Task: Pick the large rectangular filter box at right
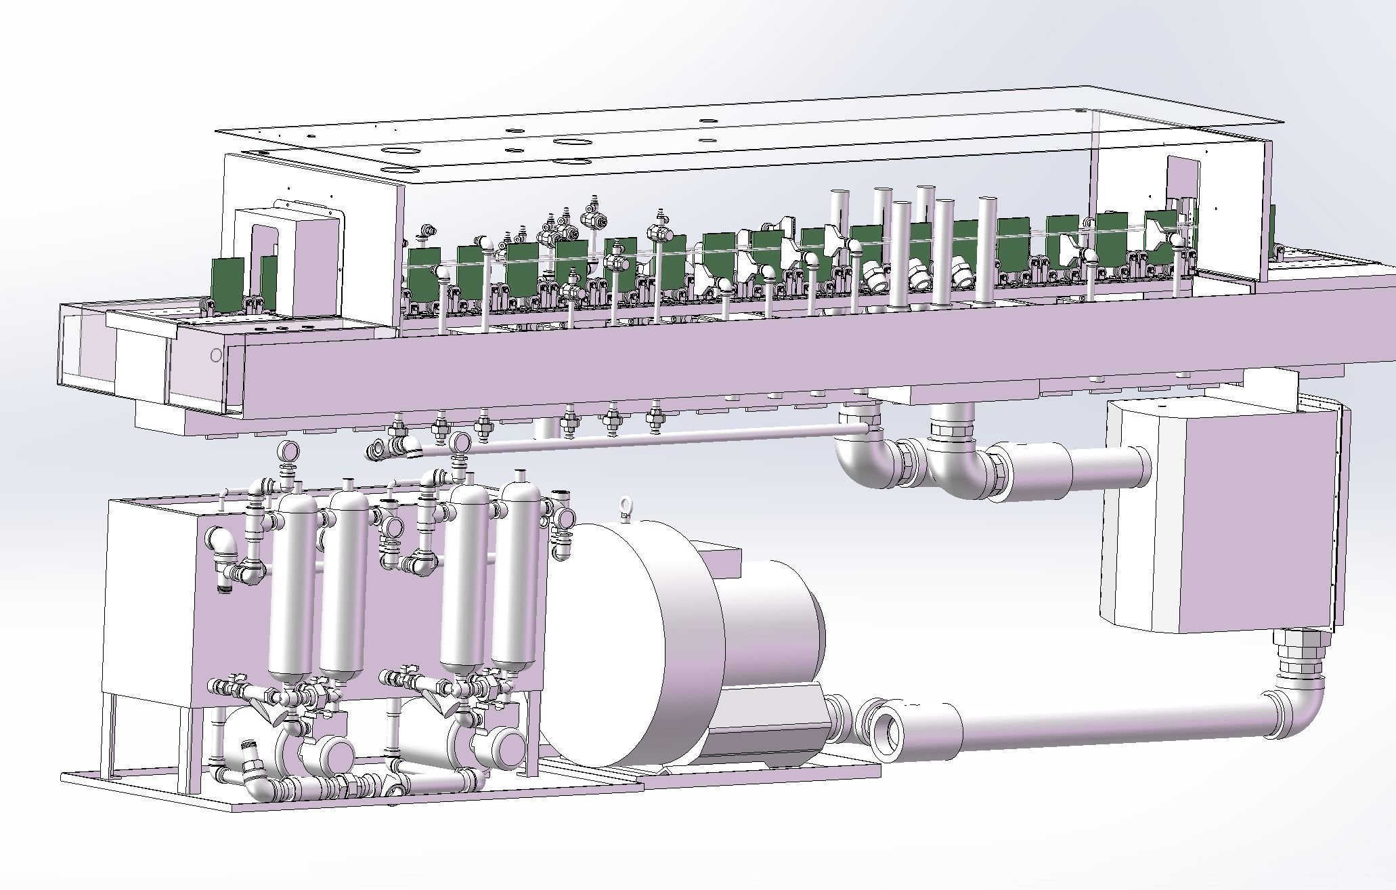click(1212, 515)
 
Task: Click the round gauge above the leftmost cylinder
click(290, 450)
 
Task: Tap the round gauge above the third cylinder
click(462, 442)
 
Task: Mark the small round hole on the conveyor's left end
click(216, 354)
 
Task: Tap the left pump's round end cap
click(337, 754)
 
